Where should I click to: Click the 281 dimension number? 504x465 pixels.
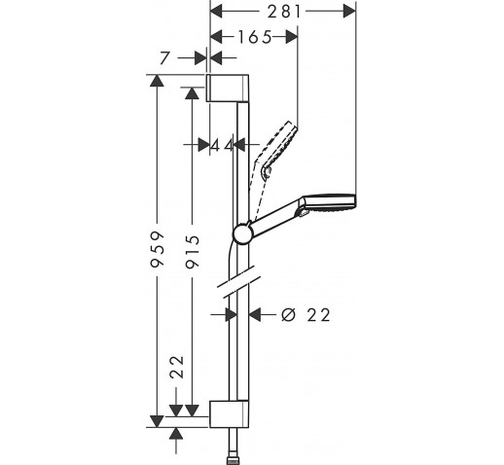pos(284,12)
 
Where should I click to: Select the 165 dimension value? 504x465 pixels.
pos(255,37)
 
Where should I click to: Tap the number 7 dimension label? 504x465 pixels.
pos(165,58)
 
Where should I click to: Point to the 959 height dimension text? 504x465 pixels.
pos(158,249)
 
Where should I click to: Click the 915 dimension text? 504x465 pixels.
pos(193,252)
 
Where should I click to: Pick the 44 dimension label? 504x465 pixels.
pos(222,145)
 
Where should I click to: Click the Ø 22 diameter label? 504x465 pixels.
pos(306,315)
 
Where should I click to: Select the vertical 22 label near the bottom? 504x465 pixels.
pos(177,367)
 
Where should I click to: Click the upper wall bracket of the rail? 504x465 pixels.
pos(228,88)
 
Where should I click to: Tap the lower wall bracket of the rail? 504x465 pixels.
pos(230,414)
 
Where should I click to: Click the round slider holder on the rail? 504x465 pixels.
pos(242,233)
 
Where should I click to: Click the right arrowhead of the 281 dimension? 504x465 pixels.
pos(349,12)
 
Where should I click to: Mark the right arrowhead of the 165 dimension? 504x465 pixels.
pos(291,37)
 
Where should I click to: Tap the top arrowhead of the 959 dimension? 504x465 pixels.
pos(158,81)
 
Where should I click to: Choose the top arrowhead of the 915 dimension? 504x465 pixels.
pos(193,93)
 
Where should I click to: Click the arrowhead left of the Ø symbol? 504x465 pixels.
pos(255,314)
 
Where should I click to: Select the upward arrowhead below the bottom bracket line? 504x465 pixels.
pos(176,433)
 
